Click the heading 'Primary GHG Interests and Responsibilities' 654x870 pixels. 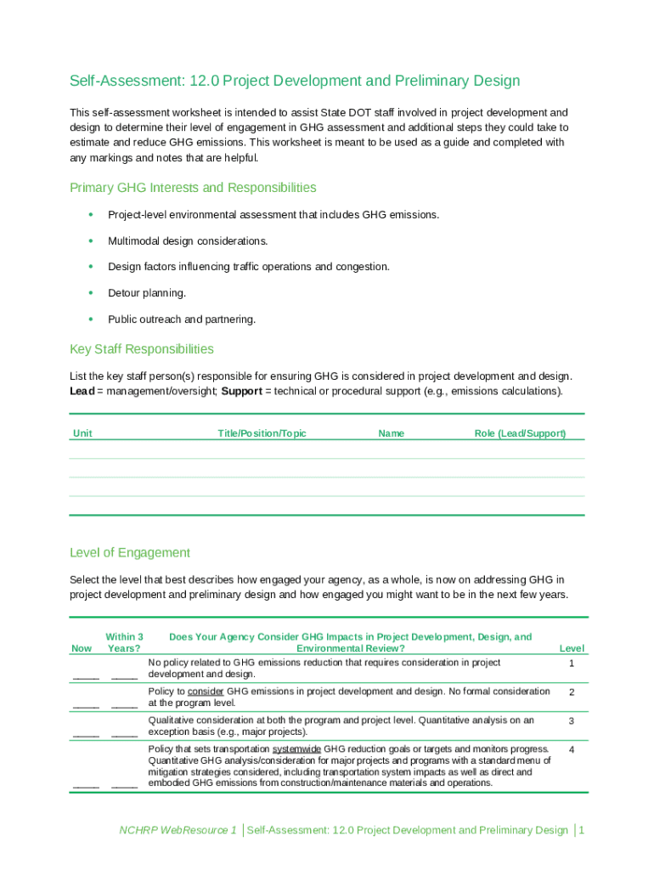click(193, 188)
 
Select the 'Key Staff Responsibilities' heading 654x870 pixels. click(141, 349)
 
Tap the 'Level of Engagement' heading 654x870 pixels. click(129, 553)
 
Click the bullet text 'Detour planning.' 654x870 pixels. click(146, 293)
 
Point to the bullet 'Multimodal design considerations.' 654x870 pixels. click(187, 241)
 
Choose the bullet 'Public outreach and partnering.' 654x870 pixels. click(181, 319)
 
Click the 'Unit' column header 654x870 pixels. click(82, 433)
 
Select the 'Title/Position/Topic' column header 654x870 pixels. click(262, 433)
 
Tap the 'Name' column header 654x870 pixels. click(391, 433)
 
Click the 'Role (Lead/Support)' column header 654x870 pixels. click(520, 433)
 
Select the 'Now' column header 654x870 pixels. click(82, 649)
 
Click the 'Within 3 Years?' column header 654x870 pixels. click(124, 642)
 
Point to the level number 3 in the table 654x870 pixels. click(572, 720)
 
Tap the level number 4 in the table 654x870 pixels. click(572, 750)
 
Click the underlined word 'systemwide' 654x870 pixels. click(296, 749)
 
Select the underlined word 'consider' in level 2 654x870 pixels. click(206, 692)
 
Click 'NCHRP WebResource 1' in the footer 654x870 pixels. click(178, 830)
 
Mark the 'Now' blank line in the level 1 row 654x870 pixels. click(86, 676)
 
